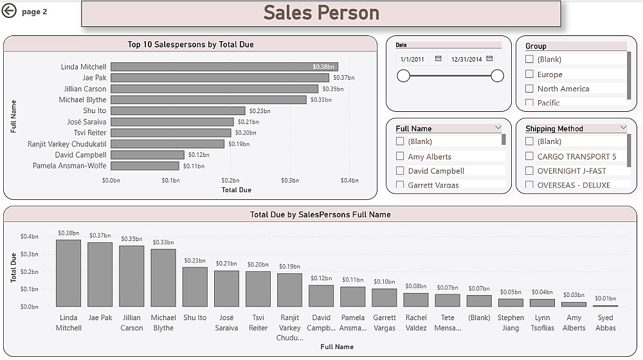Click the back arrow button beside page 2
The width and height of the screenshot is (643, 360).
coord(9,10)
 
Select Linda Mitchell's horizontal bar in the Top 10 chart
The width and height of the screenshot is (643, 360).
coord(224,67)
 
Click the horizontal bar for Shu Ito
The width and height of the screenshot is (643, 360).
coord(177,111)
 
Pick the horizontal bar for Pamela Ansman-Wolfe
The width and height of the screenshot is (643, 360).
coord(145,166)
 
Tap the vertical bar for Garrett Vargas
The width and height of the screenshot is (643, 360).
coord(385,298)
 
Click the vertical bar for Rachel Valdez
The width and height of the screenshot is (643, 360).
coord(416,300)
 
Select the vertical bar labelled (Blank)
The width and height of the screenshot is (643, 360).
coord(479,301)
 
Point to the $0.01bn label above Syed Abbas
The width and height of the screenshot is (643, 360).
coord(605,298)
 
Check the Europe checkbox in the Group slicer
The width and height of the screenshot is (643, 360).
coord(529,74)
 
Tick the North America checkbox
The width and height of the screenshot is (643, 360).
coord(529,89)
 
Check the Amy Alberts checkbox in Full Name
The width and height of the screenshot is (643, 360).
coord(400,156)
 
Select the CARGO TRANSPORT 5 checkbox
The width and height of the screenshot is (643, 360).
coord(529,156)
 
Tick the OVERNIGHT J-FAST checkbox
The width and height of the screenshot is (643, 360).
coord(529,170)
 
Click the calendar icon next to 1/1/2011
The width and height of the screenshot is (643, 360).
coord(438,59)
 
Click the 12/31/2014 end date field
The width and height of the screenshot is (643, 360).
coord(466,59)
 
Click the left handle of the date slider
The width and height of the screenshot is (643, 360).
coord(403,76)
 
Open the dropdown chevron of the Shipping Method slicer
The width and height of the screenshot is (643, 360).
coord(623,128)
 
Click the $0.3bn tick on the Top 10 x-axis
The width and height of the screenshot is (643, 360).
coord(289,181)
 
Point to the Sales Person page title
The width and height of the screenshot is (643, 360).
coord(321,13)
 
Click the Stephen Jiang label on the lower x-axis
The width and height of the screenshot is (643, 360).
coord(511,323)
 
